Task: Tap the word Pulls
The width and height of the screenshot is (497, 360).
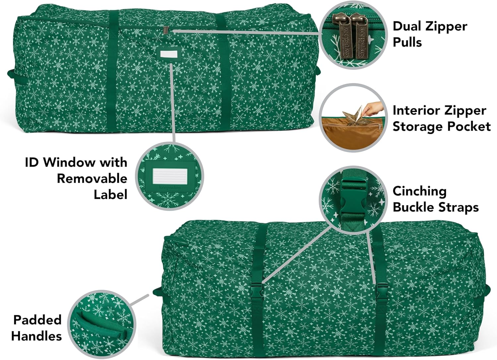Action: coord(407,42)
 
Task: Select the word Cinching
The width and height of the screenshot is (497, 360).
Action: coord(419,191)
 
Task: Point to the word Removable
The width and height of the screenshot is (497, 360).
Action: coord(92,178)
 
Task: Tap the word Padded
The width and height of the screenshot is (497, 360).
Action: coord(37,320)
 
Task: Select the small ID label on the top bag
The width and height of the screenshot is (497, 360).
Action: coord(167,54)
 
